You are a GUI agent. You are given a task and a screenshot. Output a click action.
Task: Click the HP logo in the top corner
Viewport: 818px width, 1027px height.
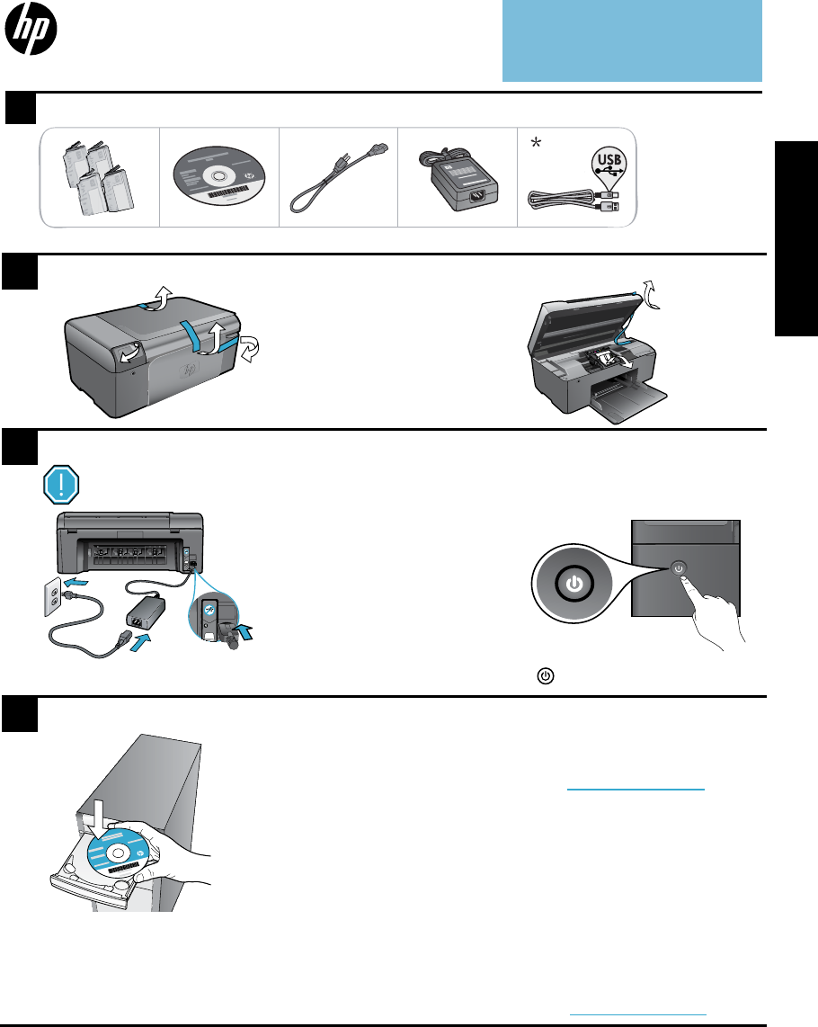pyautogui.click(x=31, y=34)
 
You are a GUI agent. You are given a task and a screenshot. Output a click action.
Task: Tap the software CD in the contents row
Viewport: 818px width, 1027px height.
pyautogui.click(x=217, y=176)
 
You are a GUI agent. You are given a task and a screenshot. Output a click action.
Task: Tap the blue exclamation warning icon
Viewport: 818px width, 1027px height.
pyautogui.click(x=61, y=486)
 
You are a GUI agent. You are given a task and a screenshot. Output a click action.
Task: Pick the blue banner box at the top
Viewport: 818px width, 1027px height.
pyautogui.click(x=632, y=40)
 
